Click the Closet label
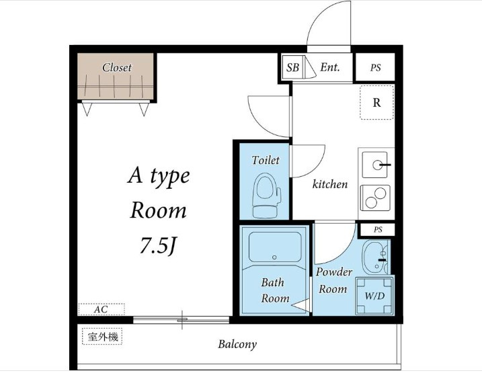point(117,67)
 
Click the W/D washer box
point(374,296)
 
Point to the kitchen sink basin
point(374,165)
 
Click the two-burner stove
point(375,198)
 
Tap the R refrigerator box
point(377,102)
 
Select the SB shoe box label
point(292,67)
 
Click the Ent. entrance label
point(330,67)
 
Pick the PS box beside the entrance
point(375,67)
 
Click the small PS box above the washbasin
point(378,230)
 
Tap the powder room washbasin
point(375,257)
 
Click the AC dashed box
point(102,309)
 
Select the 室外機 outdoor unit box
point(102,337)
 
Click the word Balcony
point(237,344)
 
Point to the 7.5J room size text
point(159,245)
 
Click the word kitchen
point(330,184)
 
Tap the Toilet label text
point(266,160)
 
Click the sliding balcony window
point(182,320)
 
